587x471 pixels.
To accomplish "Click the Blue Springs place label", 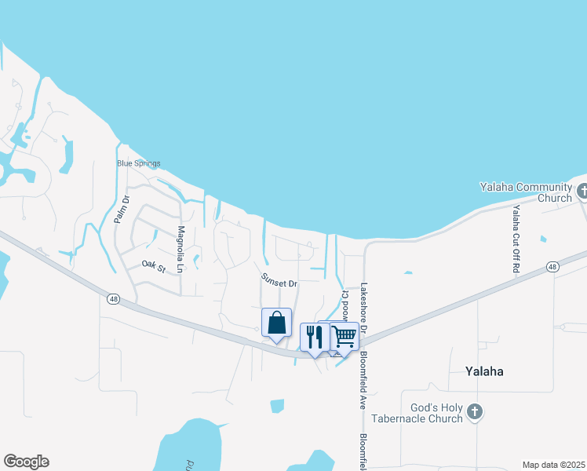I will pyautogui.click(x=138, y=164).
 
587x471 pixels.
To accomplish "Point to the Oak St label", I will pyautogui.click(x=154, y=268).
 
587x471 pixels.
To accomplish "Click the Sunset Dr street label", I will pyautogui.click(x=279, y=283).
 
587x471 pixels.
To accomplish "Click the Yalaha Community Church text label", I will pyautogui.click(x=527, y=192).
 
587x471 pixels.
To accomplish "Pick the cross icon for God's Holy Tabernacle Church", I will pyautogui.click(x=474, y=411).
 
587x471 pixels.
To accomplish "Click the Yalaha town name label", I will pyautogui.click(x=483, y=371).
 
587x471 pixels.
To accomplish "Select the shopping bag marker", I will pyautogui.click(x=276, y=323).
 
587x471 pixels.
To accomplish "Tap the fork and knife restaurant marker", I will pyautogui.click(x=314, y=337).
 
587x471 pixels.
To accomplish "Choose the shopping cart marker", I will pyautogui.click(x=345, y=336).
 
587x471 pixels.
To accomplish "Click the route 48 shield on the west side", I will pyautogui.click(x=112, y=298).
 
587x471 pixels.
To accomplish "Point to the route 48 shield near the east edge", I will pyautogui.click(x=553, y=268).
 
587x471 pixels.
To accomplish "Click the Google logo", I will pyautogui.click(x=26, y=462).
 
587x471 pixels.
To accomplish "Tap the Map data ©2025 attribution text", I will pyautogui.click(x=553, y=465).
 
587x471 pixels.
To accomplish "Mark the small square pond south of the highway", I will pyautogui.click(x=277, y=406).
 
